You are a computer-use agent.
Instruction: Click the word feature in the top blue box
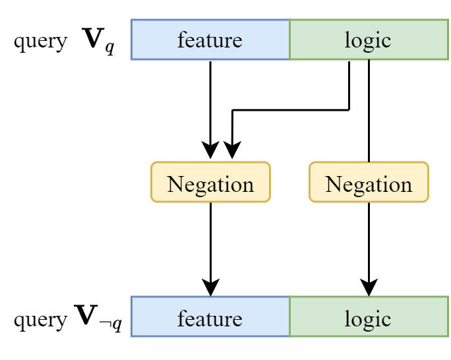[210, 40]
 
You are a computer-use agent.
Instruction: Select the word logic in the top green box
[368, 40]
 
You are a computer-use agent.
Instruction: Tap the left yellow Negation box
[210, 183]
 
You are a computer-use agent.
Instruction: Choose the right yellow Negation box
[369, 183]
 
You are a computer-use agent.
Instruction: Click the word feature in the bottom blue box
[210, 319]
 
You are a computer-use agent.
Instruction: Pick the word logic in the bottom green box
[368, 319]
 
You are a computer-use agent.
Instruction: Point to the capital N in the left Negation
[175, 184]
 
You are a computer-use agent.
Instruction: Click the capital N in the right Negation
[334, 184]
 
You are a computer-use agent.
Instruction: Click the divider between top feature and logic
[289, 40]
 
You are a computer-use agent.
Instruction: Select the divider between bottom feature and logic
[289, 317]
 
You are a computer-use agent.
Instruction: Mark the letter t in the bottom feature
[210, 320]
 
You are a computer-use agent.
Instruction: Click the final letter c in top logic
[386, 42]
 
